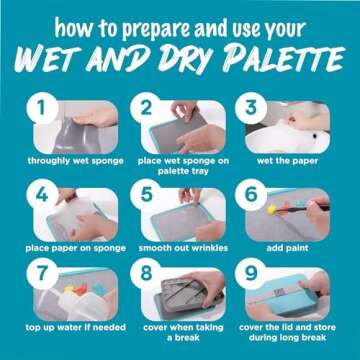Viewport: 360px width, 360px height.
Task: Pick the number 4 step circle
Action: [x=42, y=193]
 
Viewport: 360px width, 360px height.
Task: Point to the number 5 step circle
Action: [x=147, y=193]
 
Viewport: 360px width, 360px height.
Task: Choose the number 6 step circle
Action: [x=252, y=193]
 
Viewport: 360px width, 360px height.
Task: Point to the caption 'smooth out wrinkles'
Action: [x=181, y=245]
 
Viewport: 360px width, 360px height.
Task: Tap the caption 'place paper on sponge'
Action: [x=75, y=245]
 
